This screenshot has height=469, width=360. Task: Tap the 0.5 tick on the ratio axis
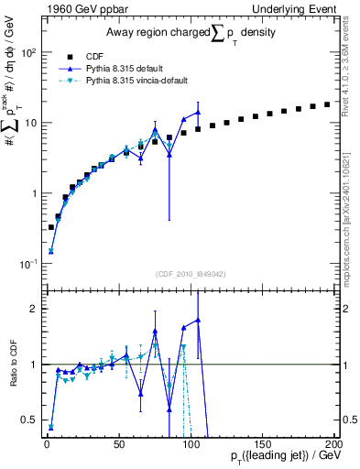pyautogui.click(x=27, y=420)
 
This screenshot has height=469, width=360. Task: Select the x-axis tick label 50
pyautogui.click(x=119, y=443)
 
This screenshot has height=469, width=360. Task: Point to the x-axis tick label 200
pyautogui.click(x=333, y=443)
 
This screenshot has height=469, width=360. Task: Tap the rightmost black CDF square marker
pyautogui.click(x=327, y=104)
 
